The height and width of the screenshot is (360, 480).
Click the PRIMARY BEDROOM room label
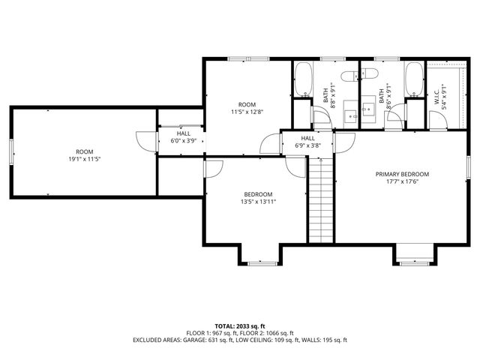(402, 174)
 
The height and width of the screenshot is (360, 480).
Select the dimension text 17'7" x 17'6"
(402, 181)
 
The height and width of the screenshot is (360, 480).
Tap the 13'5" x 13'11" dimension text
(258, 202)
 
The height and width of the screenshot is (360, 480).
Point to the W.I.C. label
(436, 97)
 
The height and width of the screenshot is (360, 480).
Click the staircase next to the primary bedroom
(320, 200)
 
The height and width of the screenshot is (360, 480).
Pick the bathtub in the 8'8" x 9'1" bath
(303, 79)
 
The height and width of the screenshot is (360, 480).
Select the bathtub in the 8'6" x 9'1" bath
(414, 79)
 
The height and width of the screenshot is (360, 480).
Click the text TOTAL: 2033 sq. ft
(240, 326)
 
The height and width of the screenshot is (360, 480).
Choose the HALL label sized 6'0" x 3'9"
(183, 133)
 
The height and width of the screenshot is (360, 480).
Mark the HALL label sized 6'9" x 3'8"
(307, 138)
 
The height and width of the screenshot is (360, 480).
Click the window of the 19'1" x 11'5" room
(11, 151)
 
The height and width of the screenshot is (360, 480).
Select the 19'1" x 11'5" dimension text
(85, 159)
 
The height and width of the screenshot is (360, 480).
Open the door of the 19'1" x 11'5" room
(147, 142)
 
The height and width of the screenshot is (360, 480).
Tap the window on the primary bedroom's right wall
(468, 167)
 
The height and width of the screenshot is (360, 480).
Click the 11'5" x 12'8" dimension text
(247, 112)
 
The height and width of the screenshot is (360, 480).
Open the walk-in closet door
(438, 120)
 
